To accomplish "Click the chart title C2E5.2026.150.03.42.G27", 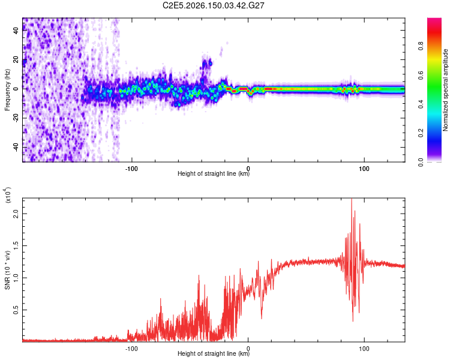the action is pos(213,5).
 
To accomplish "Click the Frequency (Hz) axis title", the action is pos(7,90).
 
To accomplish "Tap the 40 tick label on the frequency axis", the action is pos(16,30).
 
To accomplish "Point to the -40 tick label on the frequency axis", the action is pos(16,148).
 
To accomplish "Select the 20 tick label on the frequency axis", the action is pos(16,60).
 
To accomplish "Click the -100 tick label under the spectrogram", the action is pos(131,169).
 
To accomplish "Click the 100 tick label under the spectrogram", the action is pos(364,169).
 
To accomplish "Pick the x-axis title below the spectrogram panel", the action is pos(214,173).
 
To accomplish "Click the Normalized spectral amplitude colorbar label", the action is pos(445,90).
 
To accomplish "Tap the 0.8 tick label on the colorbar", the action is pos(421,46).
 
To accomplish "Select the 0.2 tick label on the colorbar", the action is pos(421,133).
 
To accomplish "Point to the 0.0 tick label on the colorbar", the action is pos(421,162).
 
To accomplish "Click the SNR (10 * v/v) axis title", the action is pos(7,270).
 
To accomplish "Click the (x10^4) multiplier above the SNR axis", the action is pos(8,195).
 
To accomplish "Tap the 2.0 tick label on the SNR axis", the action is pos(16,214).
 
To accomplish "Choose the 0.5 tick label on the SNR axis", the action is pos(16,310).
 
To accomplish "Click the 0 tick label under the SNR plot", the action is pos(248,349).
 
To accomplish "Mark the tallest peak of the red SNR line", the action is pos(352,199).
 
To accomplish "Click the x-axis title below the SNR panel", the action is pos(214,353).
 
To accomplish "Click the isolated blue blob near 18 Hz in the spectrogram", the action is pos(207,63).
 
